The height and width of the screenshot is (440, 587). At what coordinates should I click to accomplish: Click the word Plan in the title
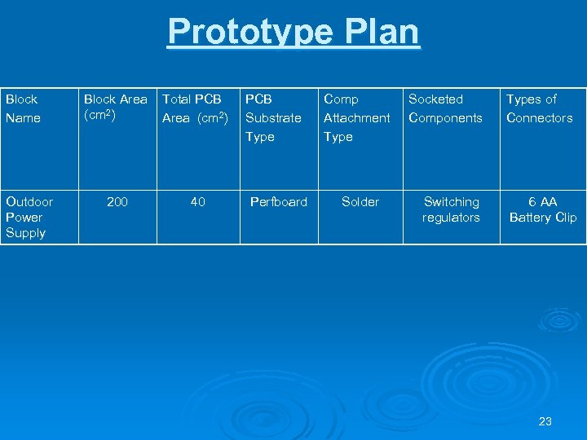(x=382, y=33)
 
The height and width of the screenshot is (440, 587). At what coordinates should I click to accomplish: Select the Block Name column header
(x=22, y=108)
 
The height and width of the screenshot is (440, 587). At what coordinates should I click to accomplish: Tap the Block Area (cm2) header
(x=116, y=108)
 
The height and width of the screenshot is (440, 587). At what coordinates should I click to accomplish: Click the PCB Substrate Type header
(x=273, y=117)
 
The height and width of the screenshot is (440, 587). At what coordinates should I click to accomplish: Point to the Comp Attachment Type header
(x=356, y=117)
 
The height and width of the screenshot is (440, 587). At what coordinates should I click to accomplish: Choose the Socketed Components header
(x=445, y=108)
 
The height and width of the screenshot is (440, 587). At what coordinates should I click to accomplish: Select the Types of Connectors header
(x=539, y=108)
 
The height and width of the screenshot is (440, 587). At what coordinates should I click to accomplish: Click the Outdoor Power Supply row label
(x=29, y=217)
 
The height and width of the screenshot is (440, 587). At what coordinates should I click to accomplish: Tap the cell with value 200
(x=117, y=201)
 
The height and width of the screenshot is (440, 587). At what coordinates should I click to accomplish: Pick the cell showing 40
(x=197, y=201)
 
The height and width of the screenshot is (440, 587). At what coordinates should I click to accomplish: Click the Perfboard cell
(x=278, y=201)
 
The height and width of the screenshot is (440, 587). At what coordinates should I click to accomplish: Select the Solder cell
(x=360, y=201)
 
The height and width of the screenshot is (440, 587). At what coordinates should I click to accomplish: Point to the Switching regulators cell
(x=451, y=209)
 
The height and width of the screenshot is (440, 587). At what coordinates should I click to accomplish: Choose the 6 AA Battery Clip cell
(x=542, y=209)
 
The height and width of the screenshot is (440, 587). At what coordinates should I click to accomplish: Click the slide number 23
(x=545, y=421)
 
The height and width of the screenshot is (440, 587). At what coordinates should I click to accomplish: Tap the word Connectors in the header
(x=539, y=118)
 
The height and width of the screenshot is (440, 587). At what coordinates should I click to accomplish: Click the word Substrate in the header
(x=273, y=118)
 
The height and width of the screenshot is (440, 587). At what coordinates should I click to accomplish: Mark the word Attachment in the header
(x=357, y=118)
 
